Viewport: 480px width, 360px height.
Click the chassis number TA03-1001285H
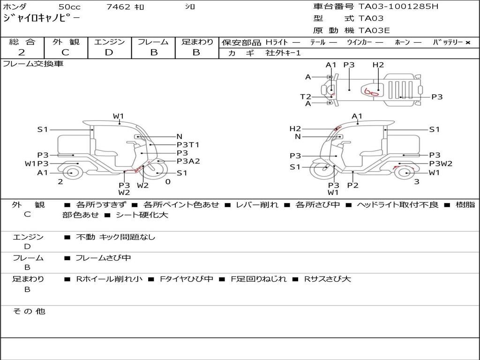(398, 7)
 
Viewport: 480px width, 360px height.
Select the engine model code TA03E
(374, 30)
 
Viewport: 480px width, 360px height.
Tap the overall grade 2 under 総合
(22, 52)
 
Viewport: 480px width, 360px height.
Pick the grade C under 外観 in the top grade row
(65, 52)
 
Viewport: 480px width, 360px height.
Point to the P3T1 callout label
(188, 144)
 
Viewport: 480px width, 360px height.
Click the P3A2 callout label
(188, 161)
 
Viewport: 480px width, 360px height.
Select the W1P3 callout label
(37, 164)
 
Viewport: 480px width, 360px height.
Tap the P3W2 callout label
(441, 164)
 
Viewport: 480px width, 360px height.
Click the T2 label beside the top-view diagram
(306, 97)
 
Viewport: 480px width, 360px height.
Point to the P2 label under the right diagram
(352, 185)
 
